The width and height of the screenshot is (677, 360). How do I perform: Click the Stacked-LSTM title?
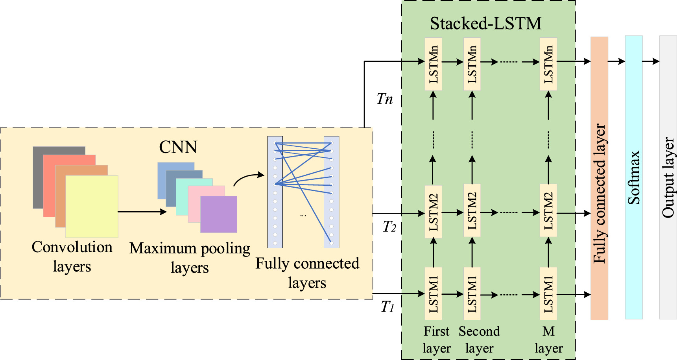(485, 24)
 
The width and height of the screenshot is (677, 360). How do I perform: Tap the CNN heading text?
(178, 147)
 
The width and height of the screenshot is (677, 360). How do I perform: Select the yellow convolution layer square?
(92, 206)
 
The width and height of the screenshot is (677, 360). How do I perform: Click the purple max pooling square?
(219, 214)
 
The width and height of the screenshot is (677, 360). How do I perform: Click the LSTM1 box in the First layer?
(433, 294)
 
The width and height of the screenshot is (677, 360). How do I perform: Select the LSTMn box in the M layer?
(548, 64)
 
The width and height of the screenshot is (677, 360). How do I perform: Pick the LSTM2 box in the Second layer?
(472, 211)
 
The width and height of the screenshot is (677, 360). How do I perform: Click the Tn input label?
(384, 99)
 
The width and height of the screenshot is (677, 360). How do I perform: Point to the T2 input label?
(389, 227)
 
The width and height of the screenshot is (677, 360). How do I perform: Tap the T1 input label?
(387, 306)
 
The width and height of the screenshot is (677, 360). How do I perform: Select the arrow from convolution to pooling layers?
(142, 212)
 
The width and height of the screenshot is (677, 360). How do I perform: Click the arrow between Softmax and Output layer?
(651, 61)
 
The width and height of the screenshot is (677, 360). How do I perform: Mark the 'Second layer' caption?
(479, 340)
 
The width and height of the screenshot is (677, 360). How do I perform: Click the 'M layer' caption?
(548, 340)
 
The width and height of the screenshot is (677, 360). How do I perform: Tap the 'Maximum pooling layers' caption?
(190, 258)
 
